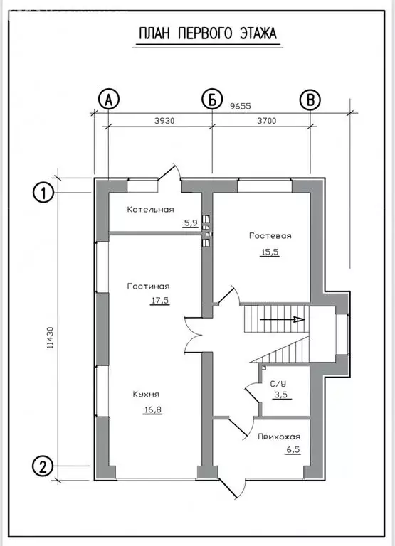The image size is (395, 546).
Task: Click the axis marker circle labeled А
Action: click(x=109, y=100)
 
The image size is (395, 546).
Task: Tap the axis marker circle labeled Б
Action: click(x=212, y=100)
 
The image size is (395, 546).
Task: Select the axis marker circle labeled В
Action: click(x=310, y=100)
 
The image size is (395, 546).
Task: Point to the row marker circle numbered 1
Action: click(x=43, y=193)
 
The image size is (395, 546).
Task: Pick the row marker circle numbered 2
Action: click(x=43, y=466)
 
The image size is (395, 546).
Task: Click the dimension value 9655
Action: click(x=241, y=106)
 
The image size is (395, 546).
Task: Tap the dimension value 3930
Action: click(x=164, y=121)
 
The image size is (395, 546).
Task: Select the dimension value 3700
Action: click(x=267, y=121)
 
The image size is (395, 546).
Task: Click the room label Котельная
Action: click(x=151, y=210)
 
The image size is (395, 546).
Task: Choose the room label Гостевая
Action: click(x=270, y=236)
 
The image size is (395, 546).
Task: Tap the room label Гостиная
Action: click(x=148, y=287)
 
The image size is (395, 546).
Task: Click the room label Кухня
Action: click(x=146, y=394)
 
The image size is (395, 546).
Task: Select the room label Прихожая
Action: click(x=279, y=437)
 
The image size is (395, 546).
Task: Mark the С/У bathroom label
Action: click(x=278, y=384)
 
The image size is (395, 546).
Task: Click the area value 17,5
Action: click(x=160, y=301)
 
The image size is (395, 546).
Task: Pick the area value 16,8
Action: click(x=154, y=409)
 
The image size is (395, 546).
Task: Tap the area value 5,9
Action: click(x=190, y=223)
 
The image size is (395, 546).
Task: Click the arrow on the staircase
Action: click(x=283, y=319)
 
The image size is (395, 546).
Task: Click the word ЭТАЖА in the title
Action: click(x=258, y=34)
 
